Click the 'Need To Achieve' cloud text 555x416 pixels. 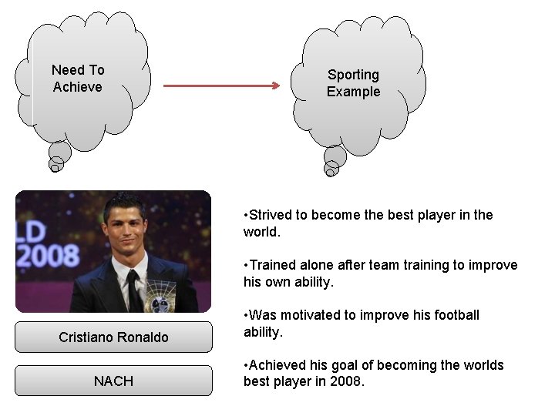click(x=77, y=79)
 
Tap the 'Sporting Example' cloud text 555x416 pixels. click(x=353, y=83)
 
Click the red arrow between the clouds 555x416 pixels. click(x=222, y=86)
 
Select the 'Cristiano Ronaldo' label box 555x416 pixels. click(x=113, y=337)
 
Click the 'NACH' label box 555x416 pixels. click(x=113, y=381)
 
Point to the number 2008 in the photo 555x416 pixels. click(x=48, y=256)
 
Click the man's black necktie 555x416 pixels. click(x=133, y=289)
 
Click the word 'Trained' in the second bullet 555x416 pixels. click(x=272, y=265)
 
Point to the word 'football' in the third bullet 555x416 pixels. click(x=456, y=315)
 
